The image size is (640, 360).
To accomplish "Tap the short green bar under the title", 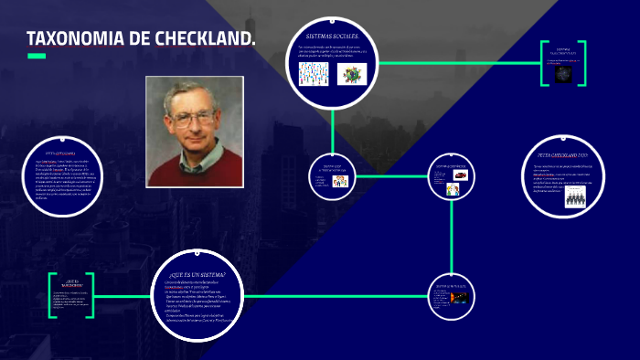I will pyautogui.click(x=36, y=56).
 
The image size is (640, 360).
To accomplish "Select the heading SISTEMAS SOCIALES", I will pyautogui.click(x=331, y=37).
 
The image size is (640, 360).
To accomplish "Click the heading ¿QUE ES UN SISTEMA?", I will pyautogui.click(x=197, y=273).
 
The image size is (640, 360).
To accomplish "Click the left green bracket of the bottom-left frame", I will pyautogui.click(x=52, y=295).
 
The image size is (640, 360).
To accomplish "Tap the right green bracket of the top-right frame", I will pyautogui.click(x=581, y=63).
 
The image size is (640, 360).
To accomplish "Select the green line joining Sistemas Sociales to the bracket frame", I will pyautogui.click(x=457, y=63).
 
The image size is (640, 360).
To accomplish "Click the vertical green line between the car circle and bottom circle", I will pyautogui.click(x=453, y=238).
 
